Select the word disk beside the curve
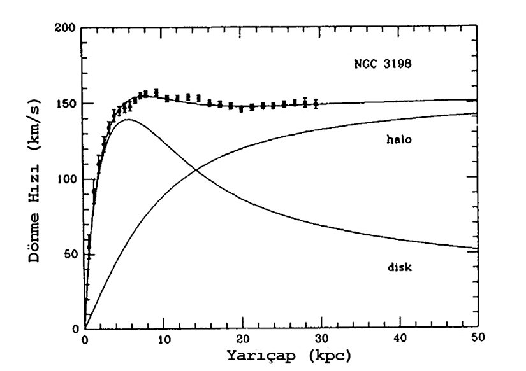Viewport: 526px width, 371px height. (400, 267)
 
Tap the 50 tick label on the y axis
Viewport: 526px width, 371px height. (71, 255)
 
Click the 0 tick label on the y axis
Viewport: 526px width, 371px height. (75, 329)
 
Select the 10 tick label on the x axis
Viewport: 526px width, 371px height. (163, 340)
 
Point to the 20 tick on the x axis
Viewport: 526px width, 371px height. (242, 340)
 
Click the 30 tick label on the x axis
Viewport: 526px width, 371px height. (321, 340)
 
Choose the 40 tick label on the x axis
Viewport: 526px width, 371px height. (400, 340)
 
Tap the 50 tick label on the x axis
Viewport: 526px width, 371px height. (478, 340)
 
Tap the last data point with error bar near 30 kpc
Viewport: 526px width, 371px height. (316, 104)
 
